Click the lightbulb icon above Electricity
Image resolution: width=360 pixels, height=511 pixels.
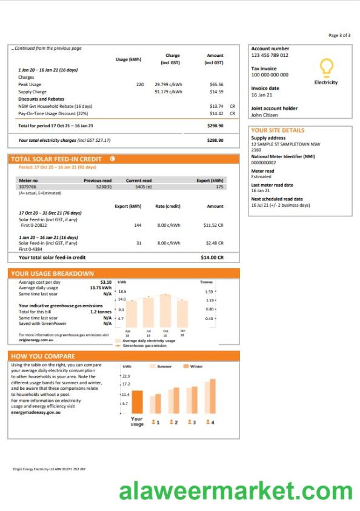326,67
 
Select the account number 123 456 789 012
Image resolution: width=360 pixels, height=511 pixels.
270,56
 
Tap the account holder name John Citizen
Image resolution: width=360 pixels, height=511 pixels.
265,115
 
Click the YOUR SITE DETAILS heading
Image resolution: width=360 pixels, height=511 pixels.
278,130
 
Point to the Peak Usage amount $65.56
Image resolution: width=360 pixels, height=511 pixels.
216,85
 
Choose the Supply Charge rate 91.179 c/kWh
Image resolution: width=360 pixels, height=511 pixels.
168,92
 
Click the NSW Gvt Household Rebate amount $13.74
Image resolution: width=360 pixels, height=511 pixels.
216,106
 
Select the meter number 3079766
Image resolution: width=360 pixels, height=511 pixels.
28,187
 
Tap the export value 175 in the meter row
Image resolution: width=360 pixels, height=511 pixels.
219,187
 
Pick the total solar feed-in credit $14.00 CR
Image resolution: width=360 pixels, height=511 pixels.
212,258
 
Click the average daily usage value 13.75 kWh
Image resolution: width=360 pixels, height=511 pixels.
100,288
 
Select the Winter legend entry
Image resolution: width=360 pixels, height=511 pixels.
196,366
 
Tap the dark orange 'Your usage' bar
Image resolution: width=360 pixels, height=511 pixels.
137,401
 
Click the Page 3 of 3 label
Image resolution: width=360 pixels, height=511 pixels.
339,35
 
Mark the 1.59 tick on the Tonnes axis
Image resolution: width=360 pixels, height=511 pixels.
210,292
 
